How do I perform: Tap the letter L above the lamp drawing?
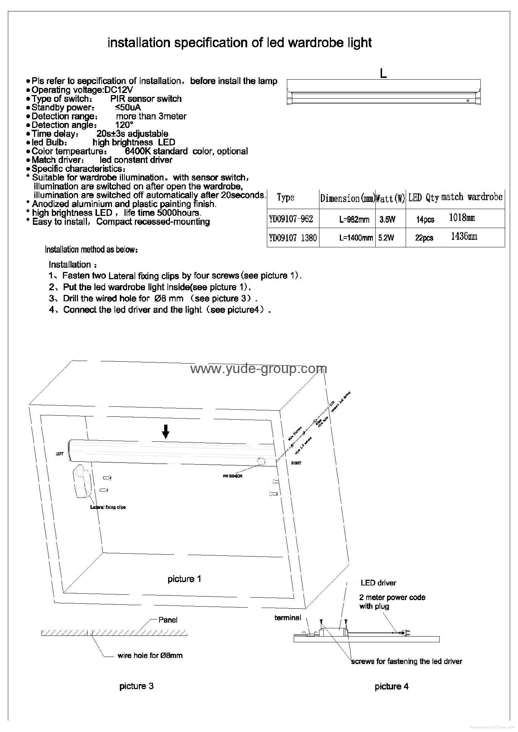coord(383,74)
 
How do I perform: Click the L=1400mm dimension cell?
coord(356,238)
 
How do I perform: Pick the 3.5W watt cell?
coord(387,219)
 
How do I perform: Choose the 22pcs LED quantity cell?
coord(424,238)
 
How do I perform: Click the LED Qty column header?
coord(423,198)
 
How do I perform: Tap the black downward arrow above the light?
coord(165,432)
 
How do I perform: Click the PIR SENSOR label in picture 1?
coord(233,476)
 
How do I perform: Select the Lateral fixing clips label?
coord(108,507)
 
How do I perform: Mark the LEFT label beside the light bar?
coord(60,454)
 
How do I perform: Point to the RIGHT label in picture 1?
coord(296,463)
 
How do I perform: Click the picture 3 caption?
coord(136,686)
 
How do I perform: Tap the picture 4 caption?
coord(391,686)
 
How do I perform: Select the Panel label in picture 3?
coord(168,620)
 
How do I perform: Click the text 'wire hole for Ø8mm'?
coord(150,655)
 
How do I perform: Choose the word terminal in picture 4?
coord(288,618)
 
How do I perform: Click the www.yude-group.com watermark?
coord(258,369)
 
